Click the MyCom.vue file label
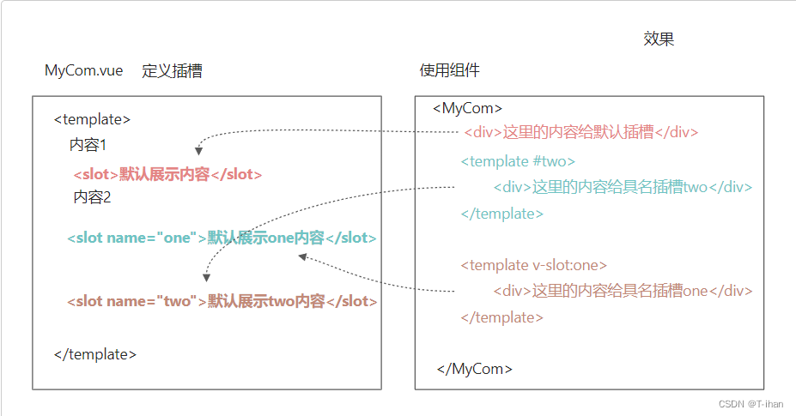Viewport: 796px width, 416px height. [x=84, y=71]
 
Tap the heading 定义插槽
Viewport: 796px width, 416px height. [x=172, y=71]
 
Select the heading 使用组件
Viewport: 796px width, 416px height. [x=449, y=70]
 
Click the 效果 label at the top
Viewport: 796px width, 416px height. [x=659, y=39]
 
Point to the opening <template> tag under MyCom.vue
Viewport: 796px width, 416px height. [x=92, y=120]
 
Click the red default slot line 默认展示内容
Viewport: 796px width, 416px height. [x=167, y=174]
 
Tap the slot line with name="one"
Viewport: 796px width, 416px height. [x=222, y=238]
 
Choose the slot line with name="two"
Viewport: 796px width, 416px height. [x=222, y=301]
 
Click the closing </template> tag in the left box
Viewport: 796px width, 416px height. [x=94, y=353]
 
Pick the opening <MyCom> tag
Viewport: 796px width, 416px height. [x=467, y=108]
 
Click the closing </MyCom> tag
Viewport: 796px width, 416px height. [x=475, y=369]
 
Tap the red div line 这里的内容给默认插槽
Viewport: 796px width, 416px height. [x=580, y=132]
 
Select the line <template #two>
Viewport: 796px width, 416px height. [x=518, y=161]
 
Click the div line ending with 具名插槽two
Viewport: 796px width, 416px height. [x=623, y=187]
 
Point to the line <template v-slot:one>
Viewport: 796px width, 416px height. [x=533, y=265]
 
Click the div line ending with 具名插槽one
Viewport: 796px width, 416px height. [x=623, y=291]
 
